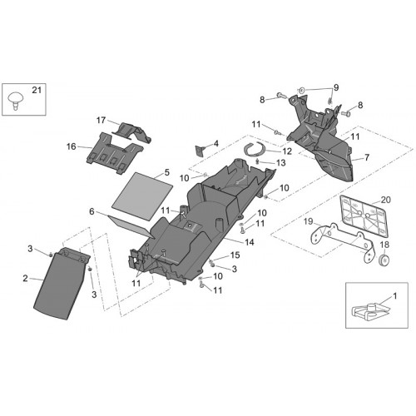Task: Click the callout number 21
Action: tap(37, 90)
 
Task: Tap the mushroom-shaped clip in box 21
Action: tap(15, 101)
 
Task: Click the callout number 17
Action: tap(102, 120)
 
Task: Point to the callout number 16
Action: tap(72, 146)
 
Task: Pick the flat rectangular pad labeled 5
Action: tap(142, 196)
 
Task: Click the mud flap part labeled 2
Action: tap(62, 283)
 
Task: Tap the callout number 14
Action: tap(250, 242)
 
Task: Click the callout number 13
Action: tap(281, 162)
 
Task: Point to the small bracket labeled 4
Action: tap(200, 151)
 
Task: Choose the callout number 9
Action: tap(336, 87)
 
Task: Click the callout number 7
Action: tap(367, 157)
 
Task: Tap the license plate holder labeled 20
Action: tap(364, 215)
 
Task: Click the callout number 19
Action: tap(308, 221)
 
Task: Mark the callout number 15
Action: tap(235, 255)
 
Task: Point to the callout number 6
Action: tap(92, 211)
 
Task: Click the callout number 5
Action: tap(166, 172)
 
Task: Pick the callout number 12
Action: tap(287, 151)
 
